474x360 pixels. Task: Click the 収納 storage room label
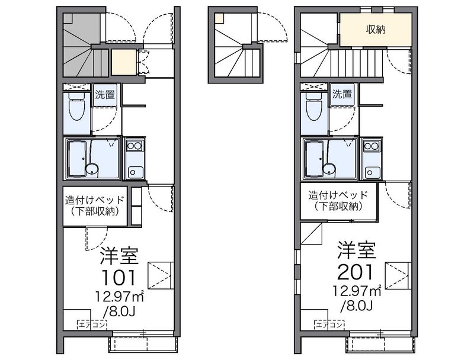pyautogui.click(x=376, y=29)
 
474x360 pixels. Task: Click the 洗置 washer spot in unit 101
pyautogui.click(x=105, y=95)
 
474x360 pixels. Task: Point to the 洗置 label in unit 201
pyautogui.click(x=342, y=94)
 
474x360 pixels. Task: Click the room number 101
pyautogui.click(x=119, y=278)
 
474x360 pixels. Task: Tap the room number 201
pyautogui.click(x=356, y=272)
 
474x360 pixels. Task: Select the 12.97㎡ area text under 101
pyautogui.click(x=120, y=296)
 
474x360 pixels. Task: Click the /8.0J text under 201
pyautogui.click(x=356, y=306)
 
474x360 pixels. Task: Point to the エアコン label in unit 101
pyautogui.click(x=92, y=325)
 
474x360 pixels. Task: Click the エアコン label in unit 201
pyautogui.click(x=329, y=325)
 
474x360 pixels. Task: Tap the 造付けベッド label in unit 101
pyautogui.click(x=95, y=200)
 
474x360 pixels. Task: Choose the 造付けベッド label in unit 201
pyautogui.click(x=338, y=195)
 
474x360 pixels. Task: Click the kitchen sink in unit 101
pyautogui.click(x=135, y=172)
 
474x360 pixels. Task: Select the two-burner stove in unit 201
pyautogui.click(x=372, y=146)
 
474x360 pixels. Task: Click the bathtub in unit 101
pyautogui.click(x=78, y=158)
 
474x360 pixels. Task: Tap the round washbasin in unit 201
pyautogui.click(x=329, y=169)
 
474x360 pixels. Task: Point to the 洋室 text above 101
pyautogui.click(x=120, y=256)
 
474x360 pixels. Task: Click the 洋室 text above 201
pyautogui.click(x=357, y=250)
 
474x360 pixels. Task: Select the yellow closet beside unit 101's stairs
pyautogui.click(x=123, y=62)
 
